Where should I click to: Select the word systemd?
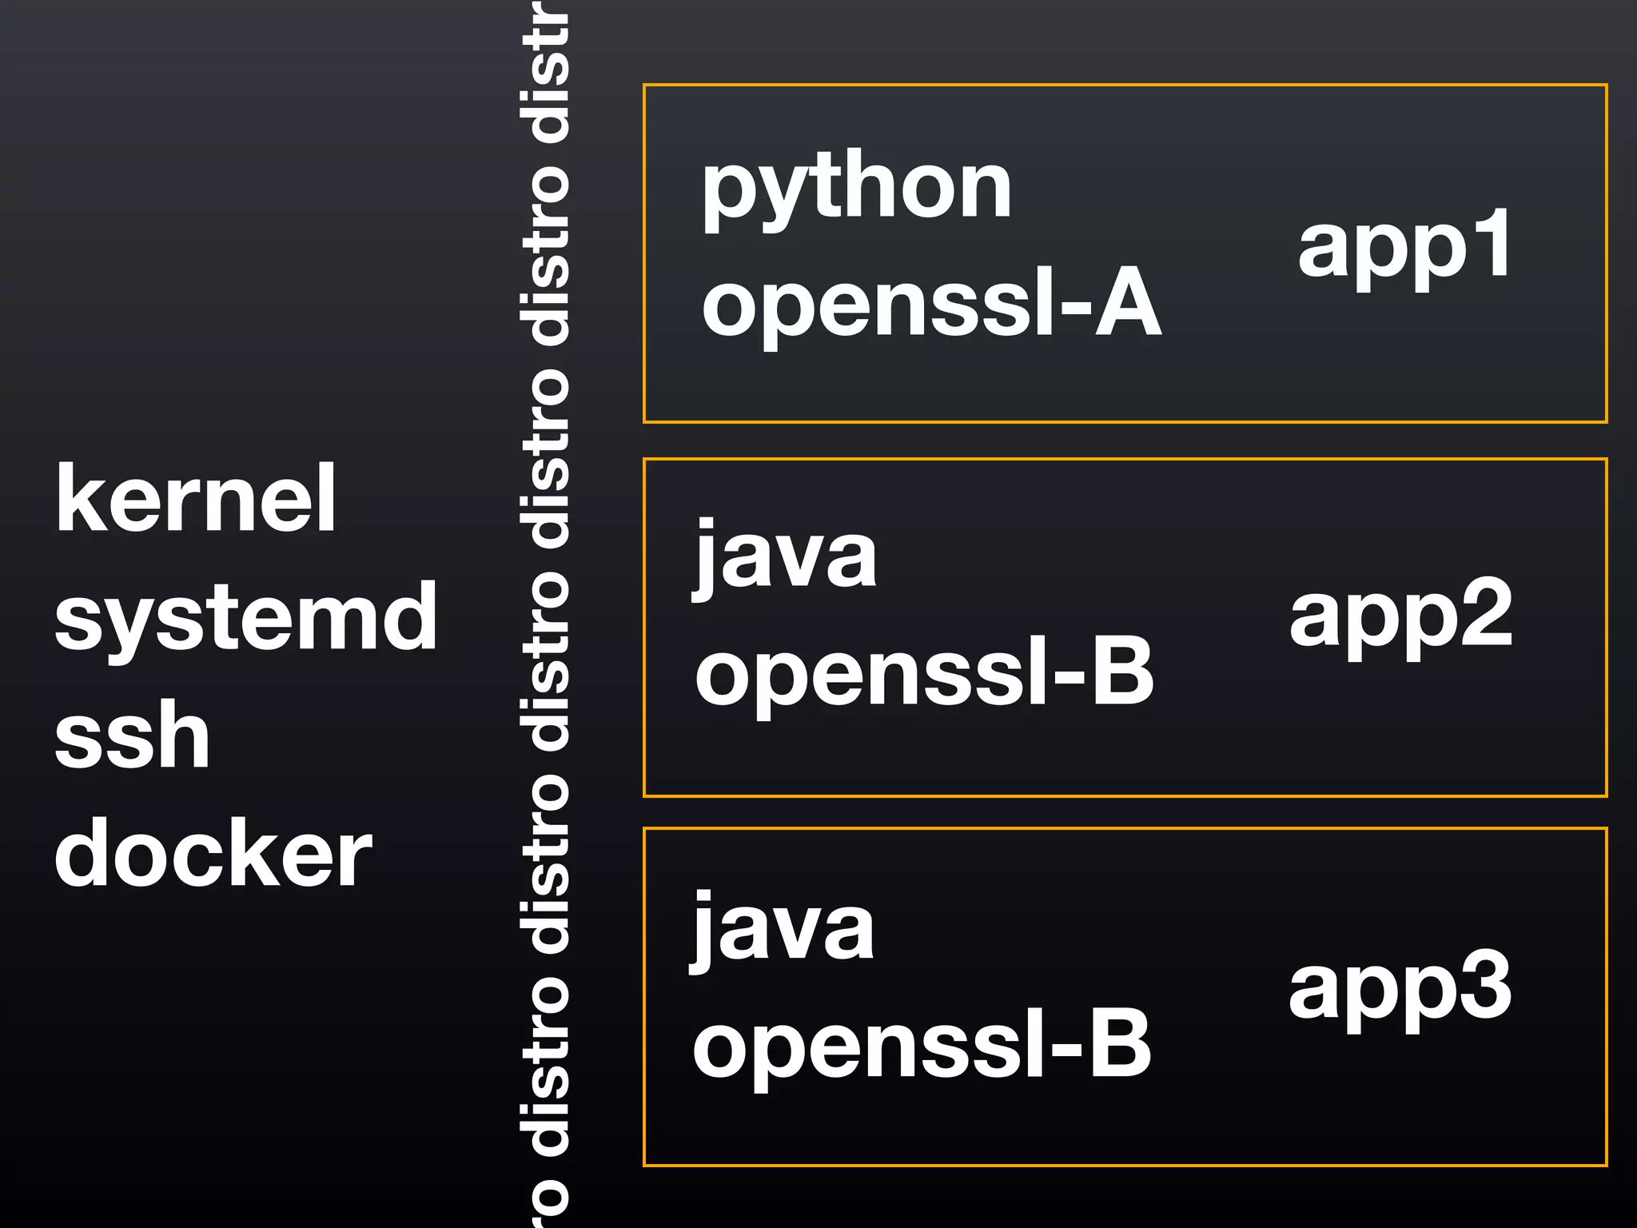click(245, 617)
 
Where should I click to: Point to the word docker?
click(213, 853)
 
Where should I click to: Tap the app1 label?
click(1404, 244)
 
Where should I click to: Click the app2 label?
click(1400, 616)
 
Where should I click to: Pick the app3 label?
click(1400, 988)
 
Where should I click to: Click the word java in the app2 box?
click(786, 557)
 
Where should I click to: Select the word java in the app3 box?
click(783, 930)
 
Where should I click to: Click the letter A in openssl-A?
click(1128, 303)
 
